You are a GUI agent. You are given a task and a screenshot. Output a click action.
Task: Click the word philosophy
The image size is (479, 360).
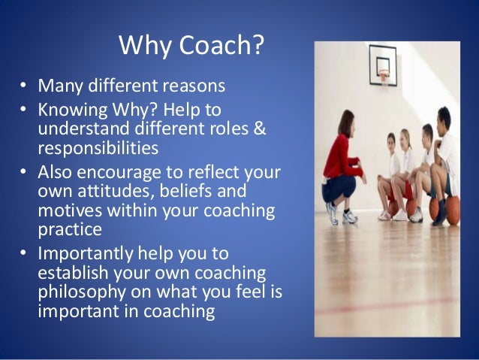pos(79,292)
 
